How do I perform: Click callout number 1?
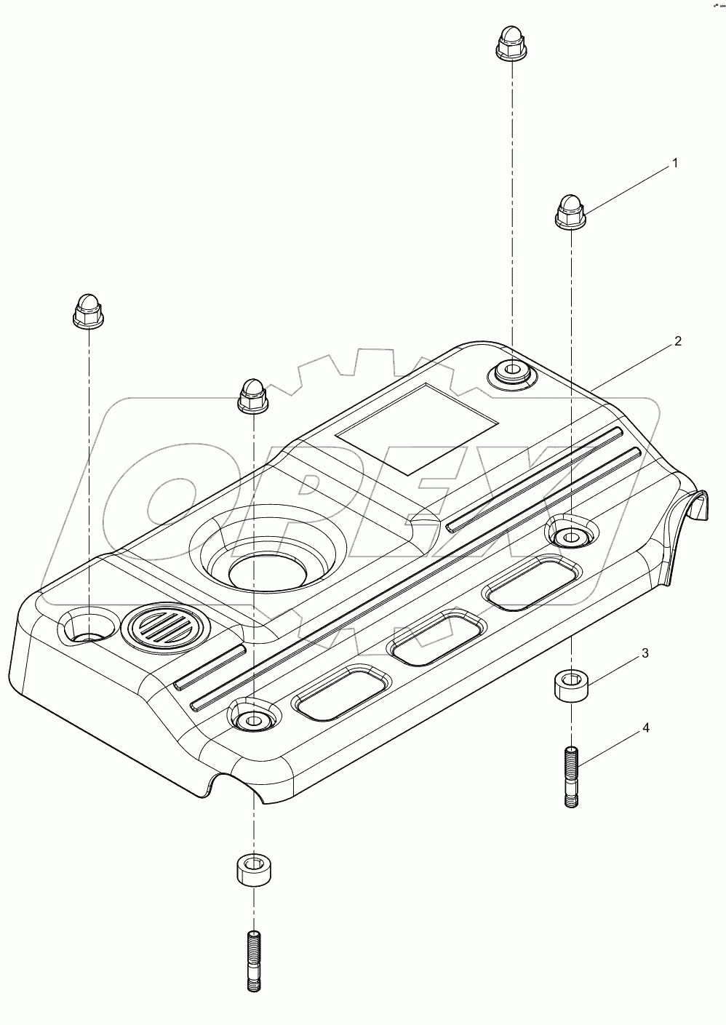pyautogui.click(x=674, y=164)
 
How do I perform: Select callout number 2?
pyautogui.click(x=677, y=341)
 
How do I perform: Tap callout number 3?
pyautogui.click(x=645, y=654)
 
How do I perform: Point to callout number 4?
pyautogui.click(x=645, y=727)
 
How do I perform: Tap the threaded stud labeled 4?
pyautogui.click(x=571, y=778)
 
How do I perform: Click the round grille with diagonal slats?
pyautogui.click(x=165, y=626)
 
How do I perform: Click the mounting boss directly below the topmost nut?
pyautogui.click(x=511, y=373)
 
